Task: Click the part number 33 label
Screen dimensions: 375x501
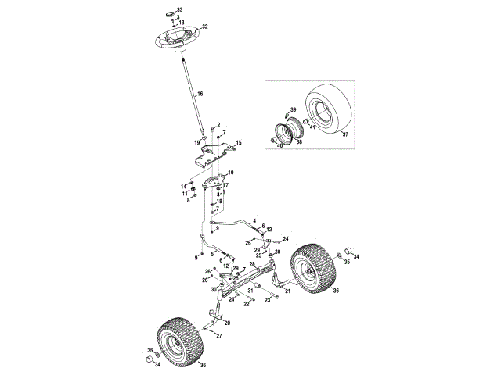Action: [179, 9]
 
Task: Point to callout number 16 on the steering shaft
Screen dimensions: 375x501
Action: [200, 94]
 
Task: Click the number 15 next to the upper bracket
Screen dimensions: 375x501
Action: [240, 143]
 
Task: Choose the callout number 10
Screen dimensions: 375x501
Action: [230, 172]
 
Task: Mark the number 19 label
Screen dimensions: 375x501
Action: [197, 142]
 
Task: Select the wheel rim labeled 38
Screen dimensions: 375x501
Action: [289, 134]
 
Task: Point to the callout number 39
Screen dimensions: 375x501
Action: [294, 110]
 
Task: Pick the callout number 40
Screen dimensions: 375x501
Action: [280, 145]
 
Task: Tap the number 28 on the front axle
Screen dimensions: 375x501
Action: [252, 264]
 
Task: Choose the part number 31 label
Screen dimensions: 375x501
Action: [251, 290]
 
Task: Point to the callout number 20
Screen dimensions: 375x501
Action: [227, 323]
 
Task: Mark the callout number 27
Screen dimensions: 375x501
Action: [219, 335]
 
